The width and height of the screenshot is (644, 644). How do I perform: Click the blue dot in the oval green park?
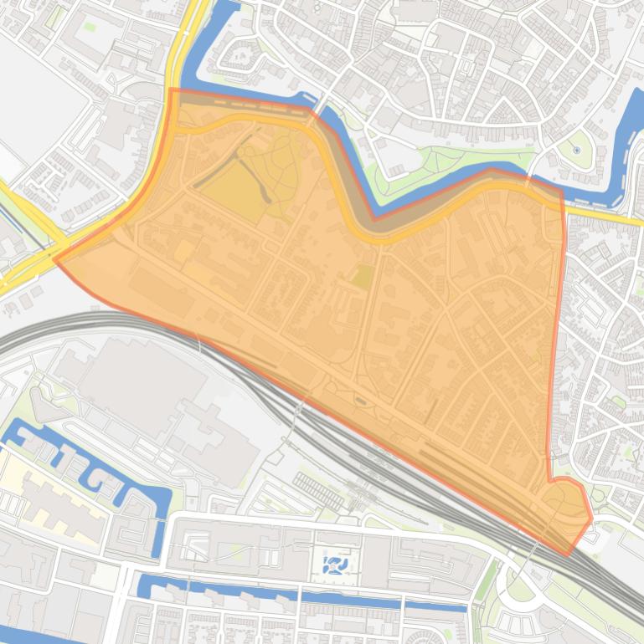pyautogui.click(x=576, y=151)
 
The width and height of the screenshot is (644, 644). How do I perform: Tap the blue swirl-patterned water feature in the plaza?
pyautogui.click(x=334, y=565)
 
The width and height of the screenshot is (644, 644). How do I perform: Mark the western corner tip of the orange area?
pyautogui.click(x=55, y=259)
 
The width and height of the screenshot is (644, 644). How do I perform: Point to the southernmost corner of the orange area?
pyautogui.click(x=569, y=554)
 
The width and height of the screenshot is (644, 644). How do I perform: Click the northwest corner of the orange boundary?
pyautogui.click(x=171, y=89)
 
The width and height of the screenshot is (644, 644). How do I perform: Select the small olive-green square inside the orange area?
pyautogui.click(x=362, y=277)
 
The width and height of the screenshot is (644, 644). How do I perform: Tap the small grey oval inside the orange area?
pyautogui.click(x=361, y=401)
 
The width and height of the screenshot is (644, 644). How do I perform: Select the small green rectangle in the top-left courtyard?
pyautogui.click(x=90, y=26)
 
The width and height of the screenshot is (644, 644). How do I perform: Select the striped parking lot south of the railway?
pyautogui.click(x=318, y=490)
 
